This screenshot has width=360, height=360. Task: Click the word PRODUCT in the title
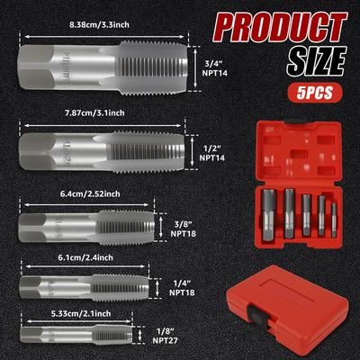[x=280, y=29]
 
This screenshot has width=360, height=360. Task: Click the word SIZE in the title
[x=317, y=62]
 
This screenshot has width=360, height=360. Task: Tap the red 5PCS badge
[x=315, y=93]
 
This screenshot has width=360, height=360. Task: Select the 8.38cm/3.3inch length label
[x=99, y=24]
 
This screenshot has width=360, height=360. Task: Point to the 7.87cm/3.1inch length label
[x=94, y=112]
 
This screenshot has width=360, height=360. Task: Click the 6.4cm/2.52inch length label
[x=90, y=193]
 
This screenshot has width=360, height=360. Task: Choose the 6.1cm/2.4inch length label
[x=85, y=257]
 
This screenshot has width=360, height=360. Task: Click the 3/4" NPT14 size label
[x=214, y=68]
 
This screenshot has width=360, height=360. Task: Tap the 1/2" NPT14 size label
[x=212, y=153]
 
